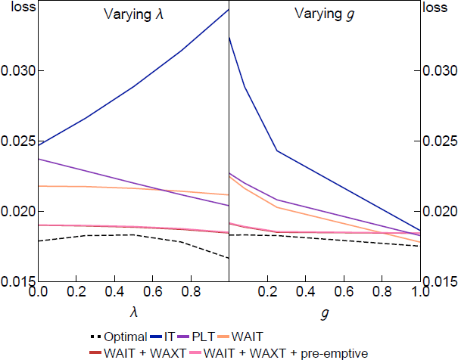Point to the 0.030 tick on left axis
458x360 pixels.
(17, 71)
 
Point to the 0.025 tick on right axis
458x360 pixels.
(441, 141)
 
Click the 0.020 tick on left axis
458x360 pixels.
(17, 212)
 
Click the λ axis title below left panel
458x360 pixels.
(132, 311)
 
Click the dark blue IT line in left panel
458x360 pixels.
(132, 88)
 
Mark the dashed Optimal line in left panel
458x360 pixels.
(132, 235)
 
